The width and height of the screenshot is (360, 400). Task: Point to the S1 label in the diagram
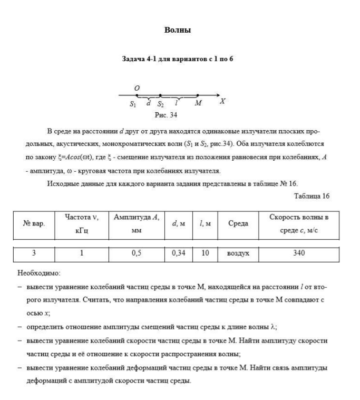point(133,103)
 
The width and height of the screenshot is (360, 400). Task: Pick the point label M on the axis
point(198,103)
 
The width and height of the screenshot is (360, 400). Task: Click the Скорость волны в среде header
point(299,224)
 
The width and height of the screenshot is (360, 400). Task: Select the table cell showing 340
point(299,253)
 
